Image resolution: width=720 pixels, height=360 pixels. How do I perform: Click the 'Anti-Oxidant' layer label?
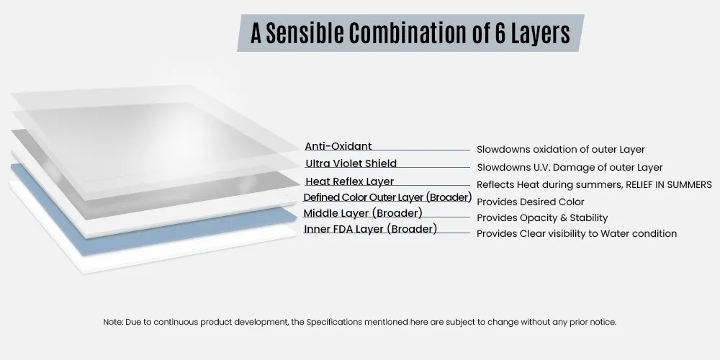point(338,146)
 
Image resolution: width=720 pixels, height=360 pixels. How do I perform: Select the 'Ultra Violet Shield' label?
point(351,163)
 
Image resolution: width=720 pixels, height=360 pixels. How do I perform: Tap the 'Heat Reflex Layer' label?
point(350,181)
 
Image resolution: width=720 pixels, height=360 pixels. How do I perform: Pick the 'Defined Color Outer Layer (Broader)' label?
point(387,197)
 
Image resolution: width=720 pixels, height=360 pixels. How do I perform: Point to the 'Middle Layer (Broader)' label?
point(363,214)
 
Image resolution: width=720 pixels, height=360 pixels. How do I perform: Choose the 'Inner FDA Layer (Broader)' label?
point(370,229)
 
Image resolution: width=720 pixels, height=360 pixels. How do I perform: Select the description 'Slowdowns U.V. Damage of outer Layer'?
point(570,168)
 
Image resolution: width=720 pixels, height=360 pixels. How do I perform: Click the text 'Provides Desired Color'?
point(531,202)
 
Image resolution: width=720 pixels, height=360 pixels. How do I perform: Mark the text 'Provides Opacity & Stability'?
point(542,217)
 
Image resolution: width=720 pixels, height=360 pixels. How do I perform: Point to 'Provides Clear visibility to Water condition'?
point(577,234)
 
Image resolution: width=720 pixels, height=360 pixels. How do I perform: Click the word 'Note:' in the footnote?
point(113,323)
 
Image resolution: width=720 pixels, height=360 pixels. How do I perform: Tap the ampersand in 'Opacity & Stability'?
point(562,217)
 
